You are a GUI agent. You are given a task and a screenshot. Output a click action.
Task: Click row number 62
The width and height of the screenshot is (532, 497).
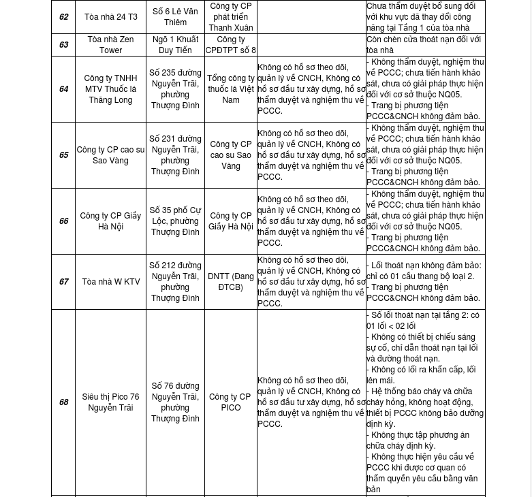[x=63, y=17]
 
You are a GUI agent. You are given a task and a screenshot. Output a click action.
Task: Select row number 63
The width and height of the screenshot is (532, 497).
[x=63, y=45]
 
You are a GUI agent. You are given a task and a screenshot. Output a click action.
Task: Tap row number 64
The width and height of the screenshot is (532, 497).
[x=63, y=89]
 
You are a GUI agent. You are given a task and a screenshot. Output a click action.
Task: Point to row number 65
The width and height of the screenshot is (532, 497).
[x=63, y=155]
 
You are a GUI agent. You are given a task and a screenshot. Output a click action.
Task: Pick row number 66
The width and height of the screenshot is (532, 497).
[x=63, y=221]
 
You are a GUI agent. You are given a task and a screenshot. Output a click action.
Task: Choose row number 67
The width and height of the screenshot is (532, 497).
[x=63, y=282]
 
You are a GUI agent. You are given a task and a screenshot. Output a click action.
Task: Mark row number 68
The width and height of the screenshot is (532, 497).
[x=63, y=402]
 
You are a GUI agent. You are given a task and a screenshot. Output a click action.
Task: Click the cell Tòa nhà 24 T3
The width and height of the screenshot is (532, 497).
[x=110, y=17]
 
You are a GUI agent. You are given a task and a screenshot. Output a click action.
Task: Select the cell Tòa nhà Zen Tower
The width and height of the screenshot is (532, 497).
[x=110, y=45]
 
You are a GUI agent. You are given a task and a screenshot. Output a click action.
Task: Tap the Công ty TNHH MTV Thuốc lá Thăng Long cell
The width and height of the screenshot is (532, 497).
[x=110, y=89]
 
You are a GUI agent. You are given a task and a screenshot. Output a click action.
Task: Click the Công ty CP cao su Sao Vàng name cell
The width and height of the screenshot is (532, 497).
[x=110, y=155]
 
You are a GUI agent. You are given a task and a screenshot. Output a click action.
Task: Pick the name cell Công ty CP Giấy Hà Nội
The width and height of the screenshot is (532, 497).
[x=110, y=221]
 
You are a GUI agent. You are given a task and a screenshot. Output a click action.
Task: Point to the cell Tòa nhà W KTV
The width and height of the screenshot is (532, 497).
[x=110, y=282]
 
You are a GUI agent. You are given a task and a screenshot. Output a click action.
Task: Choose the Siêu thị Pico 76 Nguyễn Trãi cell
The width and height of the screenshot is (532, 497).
[x=110, y=402]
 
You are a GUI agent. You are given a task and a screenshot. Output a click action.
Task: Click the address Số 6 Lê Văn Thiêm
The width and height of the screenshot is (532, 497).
[x=175, y=17]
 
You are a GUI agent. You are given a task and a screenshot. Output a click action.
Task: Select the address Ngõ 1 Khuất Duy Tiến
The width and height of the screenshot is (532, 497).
[x=175, y=45]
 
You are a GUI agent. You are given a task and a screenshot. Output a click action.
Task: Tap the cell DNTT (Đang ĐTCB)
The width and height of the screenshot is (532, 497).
[x=231, y=282]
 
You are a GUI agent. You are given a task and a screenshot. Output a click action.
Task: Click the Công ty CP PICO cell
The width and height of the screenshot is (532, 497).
[x=231, y=402]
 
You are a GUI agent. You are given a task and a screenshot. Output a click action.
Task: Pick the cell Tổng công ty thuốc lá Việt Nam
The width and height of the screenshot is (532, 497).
[x=231, y=89]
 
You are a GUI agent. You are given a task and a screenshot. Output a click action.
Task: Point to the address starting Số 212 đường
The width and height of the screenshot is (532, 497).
[x=175, y=282]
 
